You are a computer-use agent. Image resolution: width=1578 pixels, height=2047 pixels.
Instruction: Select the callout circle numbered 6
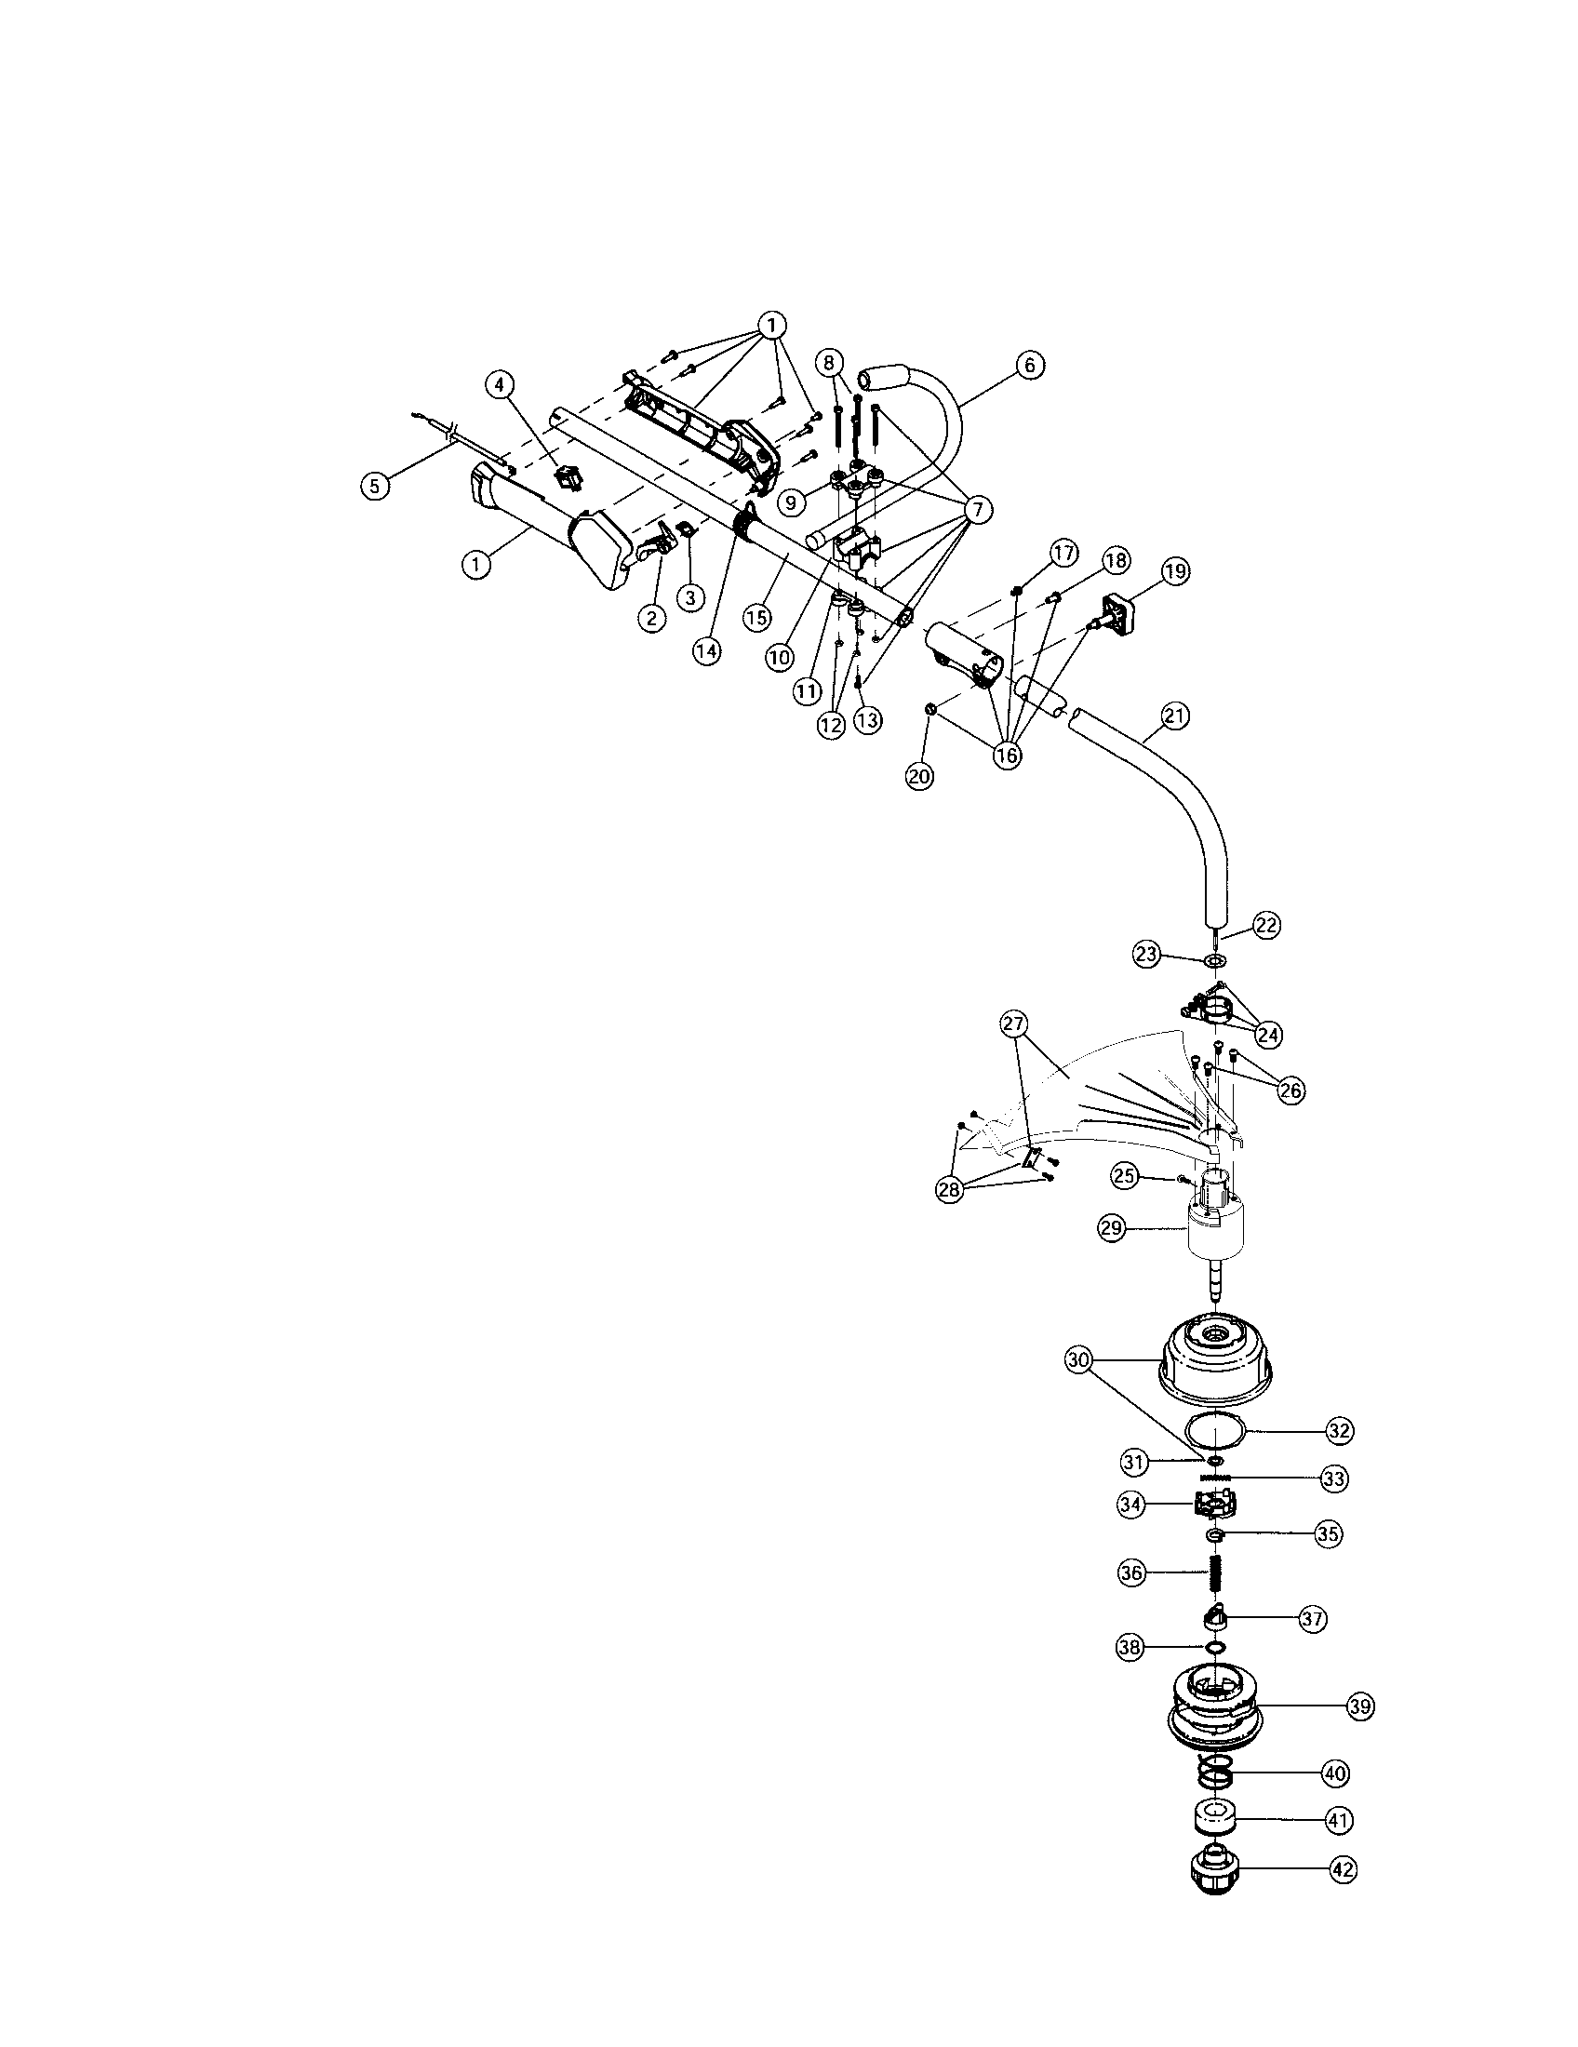coord(1030,365)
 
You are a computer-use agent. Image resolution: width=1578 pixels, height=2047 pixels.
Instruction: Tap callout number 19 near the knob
coord(1175,570)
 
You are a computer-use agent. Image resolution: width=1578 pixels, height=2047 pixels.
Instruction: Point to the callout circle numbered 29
coord(1112,1230)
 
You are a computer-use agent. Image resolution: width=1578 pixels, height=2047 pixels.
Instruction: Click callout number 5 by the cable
coord(375,486)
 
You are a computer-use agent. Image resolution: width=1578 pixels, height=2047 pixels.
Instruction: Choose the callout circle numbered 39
coord(1360,1706)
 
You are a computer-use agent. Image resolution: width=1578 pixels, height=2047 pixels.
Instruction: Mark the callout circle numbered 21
coord(1175,716)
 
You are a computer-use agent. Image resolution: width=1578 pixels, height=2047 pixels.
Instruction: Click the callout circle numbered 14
coord(707,650)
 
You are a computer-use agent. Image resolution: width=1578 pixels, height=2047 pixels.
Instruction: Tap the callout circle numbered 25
coord(1126,1174)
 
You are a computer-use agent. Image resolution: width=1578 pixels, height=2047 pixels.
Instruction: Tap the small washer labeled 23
coord(1214,962)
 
